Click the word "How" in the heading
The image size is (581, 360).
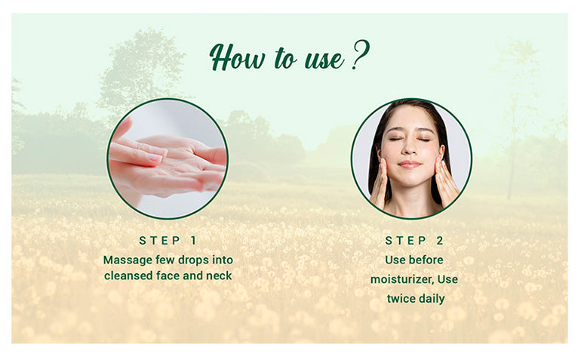click(232, 57)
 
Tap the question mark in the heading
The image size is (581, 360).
click(360, 55)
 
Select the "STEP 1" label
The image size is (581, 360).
click(168, 241)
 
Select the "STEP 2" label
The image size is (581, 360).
click(414, 241)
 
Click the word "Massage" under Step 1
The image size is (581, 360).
click(126, 260)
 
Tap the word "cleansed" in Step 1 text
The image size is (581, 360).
click(128, 275)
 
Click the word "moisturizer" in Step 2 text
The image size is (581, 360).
click(401, 279)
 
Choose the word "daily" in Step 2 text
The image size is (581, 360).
click(432, 298)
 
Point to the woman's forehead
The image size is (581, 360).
click(410, 119)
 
